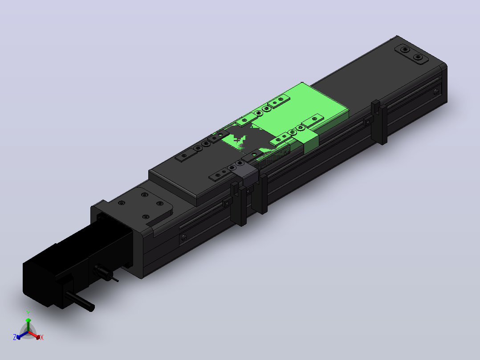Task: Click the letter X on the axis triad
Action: point(42,337)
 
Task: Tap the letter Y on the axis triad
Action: point(28,314)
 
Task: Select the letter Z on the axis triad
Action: point(15,337)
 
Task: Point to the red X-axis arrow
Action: point(34,335)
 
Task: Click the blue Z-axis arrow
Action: point(22,335)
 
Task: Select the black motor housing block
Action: point(55,276)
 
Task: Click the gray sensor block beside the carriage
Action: point(246,175)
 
